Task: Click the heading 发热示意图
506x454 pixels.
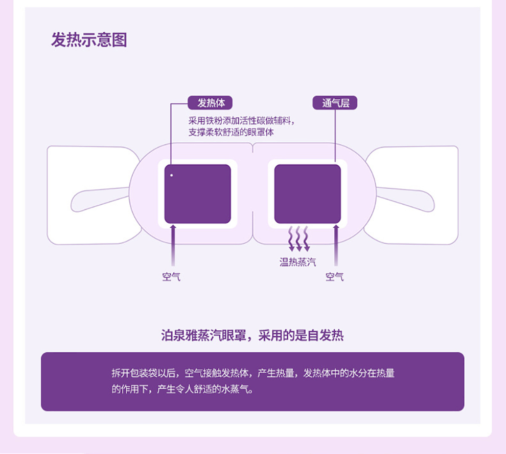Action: [89, 39]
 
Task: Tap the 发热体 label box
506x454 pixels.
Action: [210, 103]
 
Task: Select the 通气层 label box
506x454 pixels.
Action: [335, 103]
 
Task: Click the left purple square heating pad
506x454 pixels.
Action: [197, 193]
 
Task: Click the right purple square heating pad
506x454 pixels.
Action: [308, 193]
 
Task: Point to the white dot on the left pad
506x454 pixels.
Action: [172, 176]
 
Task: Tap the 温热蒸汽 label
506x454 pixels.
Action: [297, 263]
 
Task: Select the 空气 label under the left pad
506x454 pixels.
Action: [172, 277]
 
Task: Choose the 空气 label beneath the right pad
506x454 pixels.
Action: [335, 277]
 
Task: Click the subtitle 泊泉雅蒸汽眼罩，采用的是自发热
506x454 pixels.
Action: [252, 336]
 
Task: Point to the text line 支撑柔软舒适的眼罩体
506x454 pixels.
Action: [231, 132]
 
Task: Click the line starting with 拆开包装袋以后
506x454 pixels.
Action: [253, 373]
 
